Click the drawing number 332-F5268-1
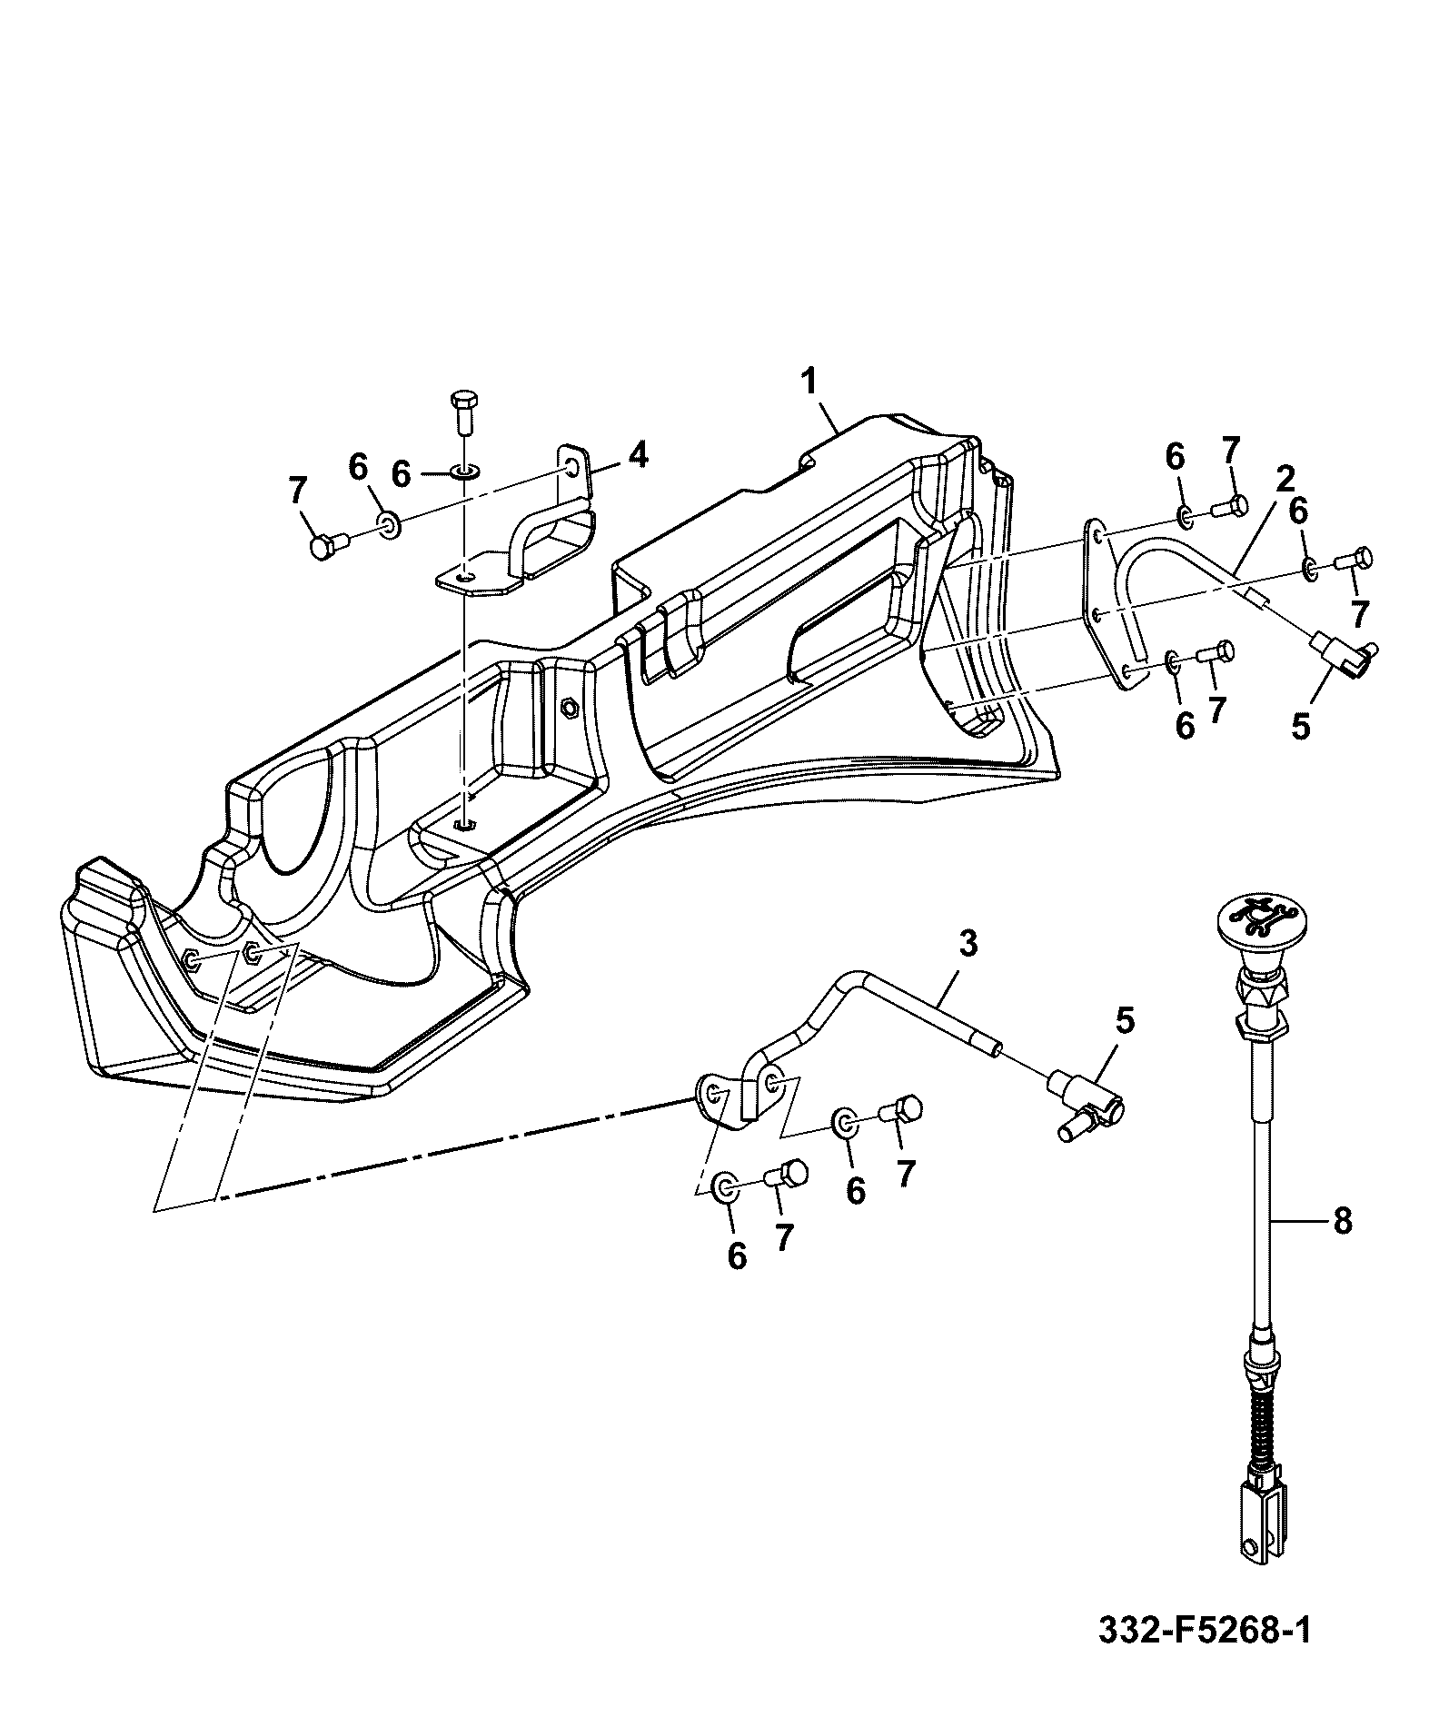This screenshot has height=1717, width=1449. tap(1205, 1630)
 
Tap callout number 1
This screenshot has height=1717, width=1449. tap(809, 381)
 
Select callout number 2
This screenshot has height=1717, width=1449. tap(1284, 478)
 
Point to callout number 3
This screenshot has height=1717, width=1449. tap(968, 944)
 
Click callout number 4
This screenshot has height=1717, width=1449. tap(639, 453)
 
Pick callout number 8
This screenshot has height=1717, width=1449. tap(1343, 1220)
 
